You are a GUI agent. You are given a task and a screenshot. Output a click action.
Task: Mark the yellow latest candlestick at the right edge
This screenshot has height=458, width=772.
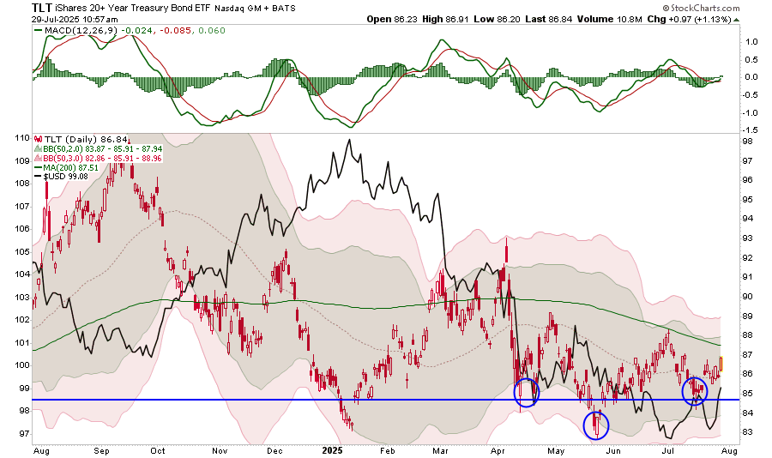[722, 364]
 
